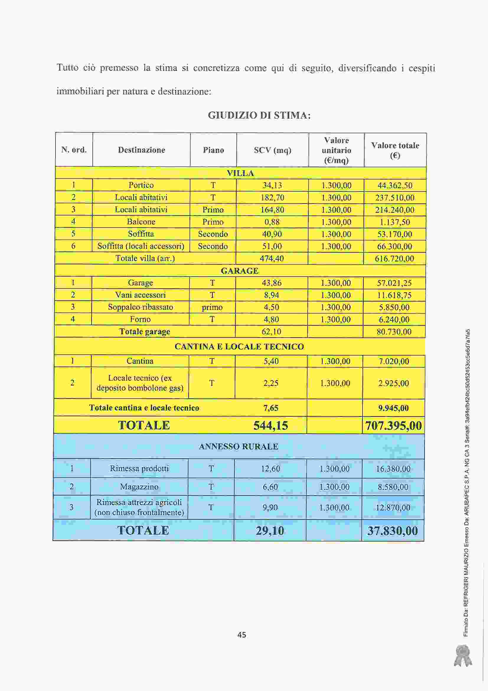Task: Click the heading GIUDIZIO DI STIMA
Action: pyautogui.click(x=259, y=115)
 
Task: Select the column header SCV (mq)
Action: pyautogui.click(x=272, y=150)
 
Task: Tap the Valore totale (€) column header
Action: pyautogui.click(x=395, y=150)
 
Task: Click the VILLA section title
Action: pyautogui.click(x=240, y=173)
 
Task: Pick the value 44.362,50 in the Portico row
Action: pyautogui.click(x=395, y=185)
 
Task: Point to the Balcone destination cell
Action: pyautogui.click(x=141, y=222)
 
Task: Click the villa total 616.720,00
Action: pyautogui.click(x=394, y=259)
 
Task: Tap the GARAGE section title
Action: pyautogui.click(x=240, y=271)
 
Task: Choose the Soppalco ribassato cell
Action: pyautogui.click(x=141, y=307)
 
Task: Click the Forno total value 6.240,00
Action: pyautogui.click(x=394, y=319)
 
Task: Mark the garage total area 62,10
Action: pyautogui.click(x=272, y=332)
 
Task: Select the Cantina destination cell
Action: pyautogui.click(x=140, y=361)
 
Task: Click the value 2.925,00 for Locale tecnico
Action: pyautogui.click(x=393, y=383)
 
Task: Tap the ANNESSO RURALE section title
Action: pyautogui.click(x=239, y=447)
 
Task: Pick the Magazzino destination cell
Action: pyautogui.click(x=139, y=487)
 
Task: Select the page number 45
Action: pyautogui.click(x=242, y=635)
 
